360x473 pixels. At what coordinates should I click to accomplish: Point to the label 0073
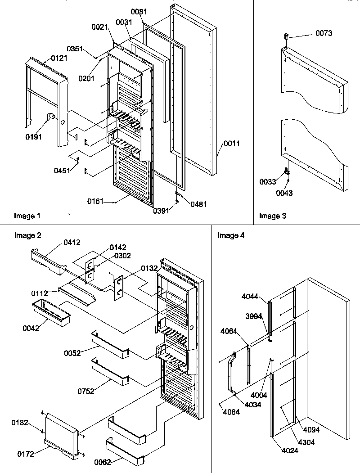click(324, 33)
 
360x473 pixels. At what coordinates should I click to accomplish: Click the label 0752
click(86, 391)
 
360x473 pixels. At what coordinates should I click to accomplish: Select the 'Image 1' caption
click(27, 216)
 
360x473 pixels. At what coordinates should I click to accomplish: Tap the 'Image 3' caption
click(273, 216)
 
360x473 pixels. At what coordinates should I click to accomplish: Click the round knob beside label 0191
click(52, 117)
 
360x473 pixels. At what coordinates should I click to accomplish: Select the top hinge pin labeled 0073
click(286, 36)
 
